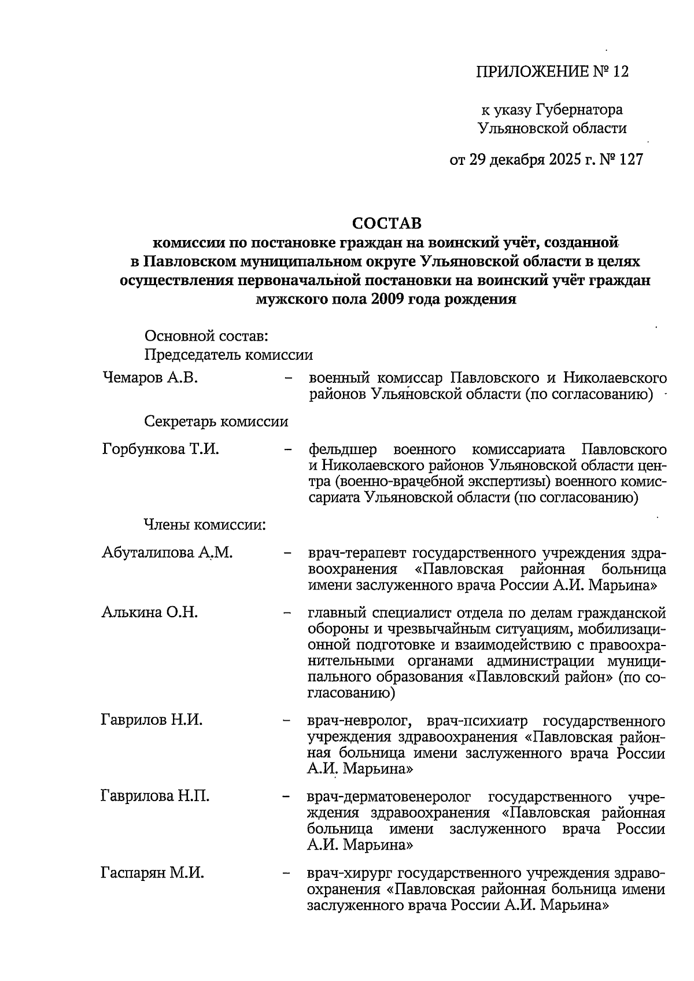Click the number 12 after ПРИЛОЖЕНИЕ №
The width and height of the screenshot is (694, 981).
[x=618, y=72]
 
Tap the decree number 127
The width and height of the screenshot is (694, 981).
[x=630, y=160]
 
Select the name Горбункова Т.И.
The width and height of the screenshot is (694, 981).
[x=160, y=449]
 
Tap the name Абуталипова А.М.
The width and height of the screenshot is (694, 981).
[x=167, y=552]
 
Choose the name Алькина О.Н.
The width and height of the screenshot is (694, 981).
[x=149, y=612]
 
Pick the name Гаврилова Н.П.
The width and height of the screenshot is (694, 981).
[x=154, y=796]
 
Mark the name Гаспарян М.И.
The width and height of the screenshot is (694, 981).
[x=152, y=872]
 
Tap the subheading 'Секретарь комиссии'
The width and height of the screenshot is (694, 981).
[x=216, y=421]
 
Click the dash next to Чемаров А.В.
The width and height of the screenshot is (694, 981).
[x=287, y=379]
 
